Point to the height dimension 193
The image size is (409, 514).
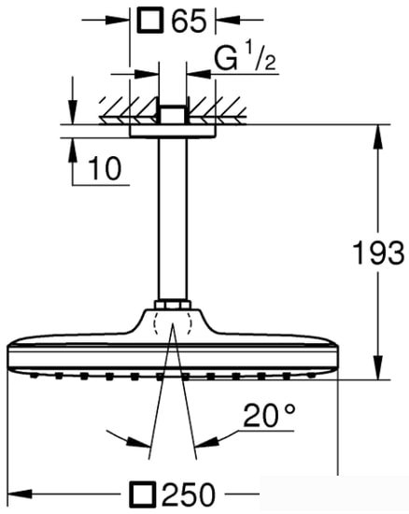click(378, 251)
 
